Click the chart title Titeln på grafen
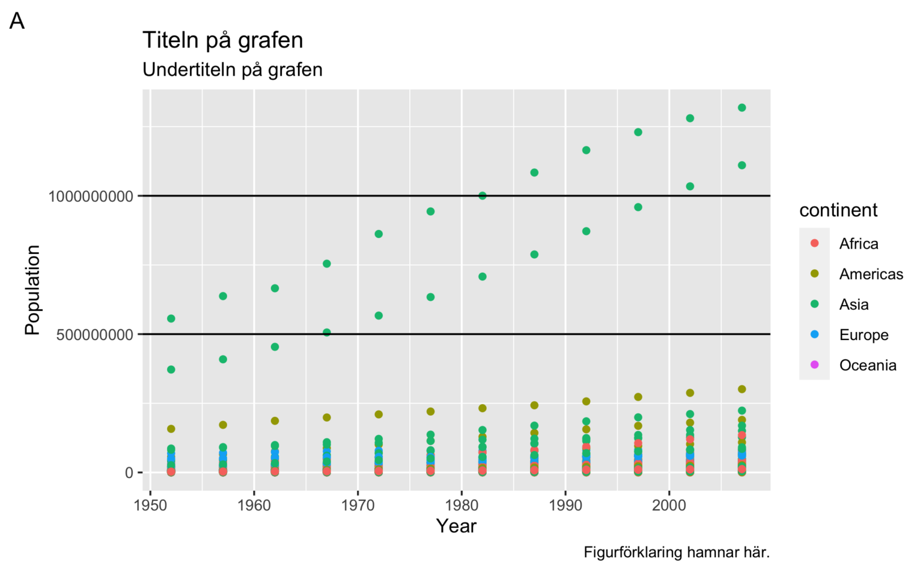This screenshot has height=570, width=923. pos(222,41)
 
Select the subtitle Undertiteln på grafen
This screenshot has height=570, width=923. pos(232,70)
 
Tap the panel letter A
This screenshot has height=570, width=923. pos(17,22)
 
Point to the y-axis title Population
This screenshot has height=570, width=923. pos(32,290)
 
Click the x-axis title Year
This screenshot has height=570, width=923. pos(456,526)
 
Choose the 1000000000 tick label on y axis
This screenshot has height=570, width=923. pos(91,196)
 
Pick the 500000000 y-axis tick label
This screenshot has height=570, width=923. pos(94,335)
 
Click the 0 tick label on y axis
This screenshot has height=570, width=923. pos(129,473)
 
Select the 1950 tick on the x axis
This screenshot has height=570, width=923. pos(150,505)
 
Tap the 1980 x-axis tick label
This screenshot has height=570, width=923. pos(461,505)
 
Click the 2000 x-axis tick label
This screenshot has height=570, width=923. pos(669,505)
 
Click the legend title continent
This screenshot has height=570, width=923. pos(838,210)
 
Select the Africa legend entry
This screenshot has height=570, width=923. pos(858,244)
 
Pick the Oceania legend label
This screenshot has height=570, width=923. pos(867,365)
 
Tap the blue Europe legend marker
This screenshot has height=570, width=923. pos(814,335)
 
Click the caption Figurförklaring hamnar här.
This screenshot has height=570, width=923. pos(676,553)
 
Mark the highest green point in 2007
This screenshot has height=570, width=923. pos(742,108)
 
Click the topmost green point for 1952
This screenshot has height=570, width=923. pos(171,318)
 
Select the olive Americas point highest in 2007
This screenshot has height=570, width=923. pos(742,389)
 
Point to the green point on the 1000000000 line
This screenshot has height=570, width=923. pos(482,196)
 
